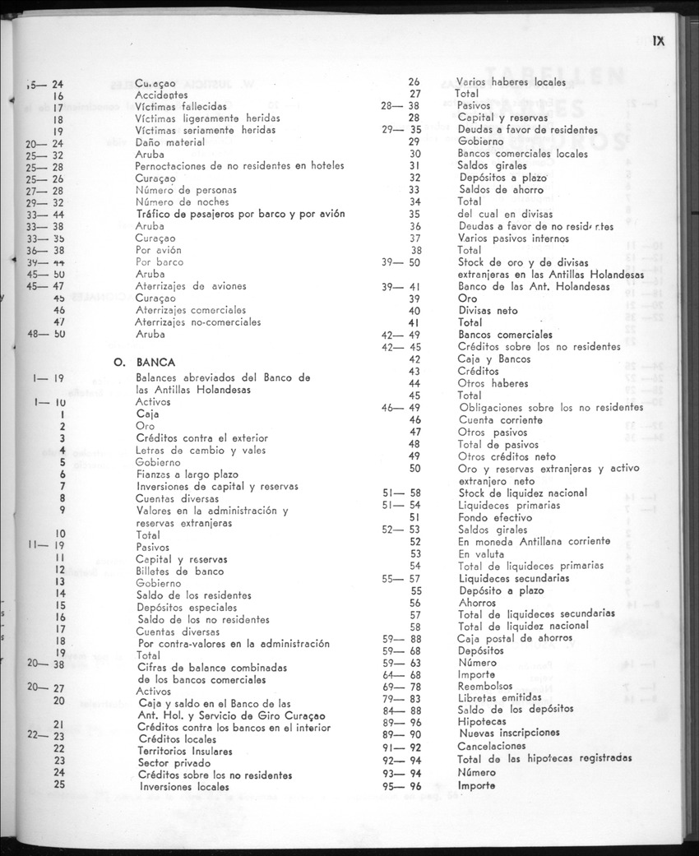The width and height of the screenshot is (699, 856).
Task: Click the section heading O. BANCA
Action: point(145,362)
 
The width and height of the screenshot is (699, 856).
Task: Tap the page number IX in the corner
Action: point(658,40)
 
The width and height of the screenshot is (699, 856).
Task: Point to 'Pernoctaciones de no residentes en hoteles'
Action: point(239,166)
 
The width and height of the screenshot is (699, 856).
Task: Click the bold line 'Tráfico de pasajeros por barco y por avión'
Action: point(239,214)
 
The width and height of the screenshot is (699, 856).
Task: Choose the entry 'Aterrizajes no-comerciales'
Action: point(197,322)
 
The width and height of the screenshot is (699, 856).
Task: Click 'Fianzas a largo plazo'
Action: point(187,474)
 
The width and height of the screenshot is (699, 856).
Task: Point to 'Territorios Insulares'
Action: point(185,751)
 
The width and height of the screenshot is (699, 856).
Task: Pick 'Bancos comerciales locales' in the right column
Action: point(522,154)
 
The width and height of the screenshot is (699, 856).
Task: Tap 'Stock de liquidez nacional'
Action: point(522,493)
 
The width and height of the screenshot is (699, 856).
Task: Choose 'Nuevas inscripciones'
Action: point(508,733)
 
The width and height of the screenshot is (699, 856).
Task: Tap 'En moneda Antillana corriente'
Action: point(534,541)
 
